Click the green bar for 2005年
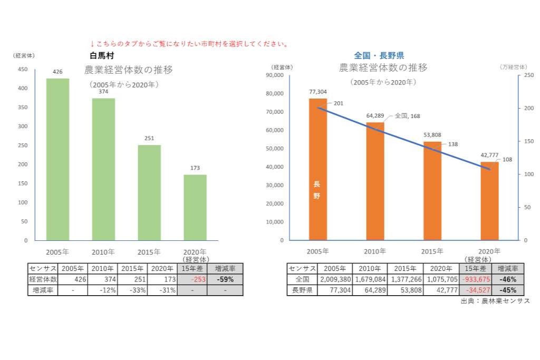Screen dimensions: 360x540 pos(57,159)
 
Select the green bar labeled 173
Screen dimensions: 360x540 pos(195,207)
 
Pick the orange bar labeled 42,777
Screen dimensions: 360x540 pos(489,201)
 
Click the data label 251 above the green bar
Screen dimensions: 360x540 pos(149,139)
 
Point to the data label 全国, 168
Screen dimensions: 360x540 pos(407,116)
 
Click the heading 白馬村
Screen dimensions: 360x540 pos(102,55)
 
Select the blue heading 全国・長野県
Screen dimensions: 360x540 pos(379,55)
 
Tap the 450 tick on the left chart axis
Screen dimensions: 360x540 pos(23,69)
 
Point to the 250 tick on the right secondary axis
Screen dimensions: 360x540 pos(529,75)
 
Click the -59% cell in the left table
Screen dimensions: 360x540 pos(225,279)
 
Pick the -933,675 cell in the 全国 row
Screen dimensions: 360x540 pos(474,279)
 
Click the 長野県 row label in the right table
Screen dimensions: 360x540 pos(303,290)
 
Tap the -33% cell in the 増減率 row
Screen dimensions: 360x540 pos(132,290)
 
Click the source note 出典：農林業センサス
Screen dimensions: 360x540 pos(495,301)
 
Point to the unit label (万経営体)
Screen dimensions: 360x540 pos(513,67)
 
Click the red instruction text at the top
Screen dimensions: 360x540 pos(189,44)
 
